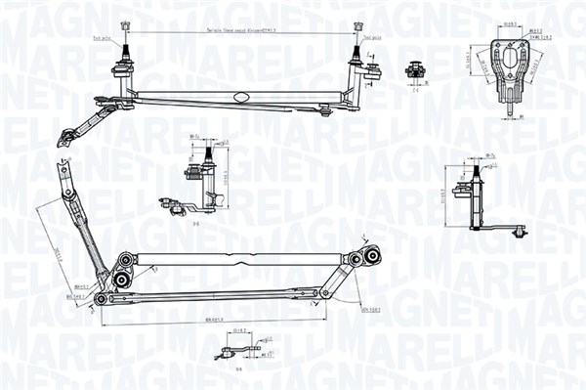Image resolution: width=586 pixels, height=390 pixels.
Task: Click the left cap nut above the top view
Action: click(124, 24)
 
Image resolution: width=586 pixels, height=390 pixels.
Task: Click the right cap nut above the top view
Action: click(357, 24)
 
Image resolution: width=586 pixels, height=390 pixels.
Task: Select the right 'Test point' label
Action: click(382, 39)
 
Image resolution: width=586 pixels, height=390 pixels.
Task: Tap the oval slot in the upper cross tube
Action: click(240, 96)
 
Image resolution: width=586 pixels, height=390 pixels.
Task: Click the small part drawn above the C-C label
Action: click(414, 69)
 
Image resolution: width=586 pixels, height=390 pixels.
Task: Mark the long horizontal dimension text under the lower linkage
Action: click(213, 319)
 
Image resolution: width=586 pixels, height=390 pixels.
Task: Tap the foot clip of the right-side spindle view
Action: click(518, 231)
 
